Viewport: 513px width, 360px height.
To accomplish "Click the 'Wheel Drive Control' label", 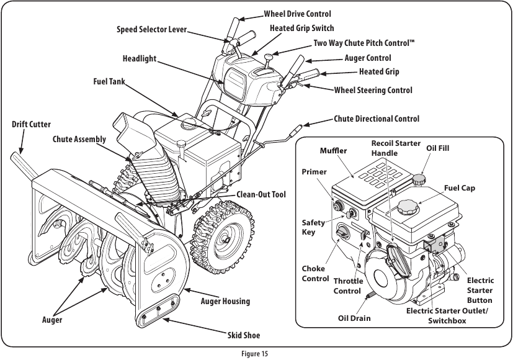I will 297,14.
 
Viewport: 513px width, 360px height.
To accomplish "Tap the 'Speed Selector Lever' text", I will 151,30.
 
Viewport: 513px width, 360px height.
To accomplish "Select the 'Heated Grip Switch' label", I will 301,28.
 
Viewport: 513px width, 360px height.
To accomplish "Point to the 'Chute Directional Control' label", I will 376,119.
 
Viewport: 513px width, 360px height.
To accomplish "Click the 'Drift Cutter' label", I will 31,125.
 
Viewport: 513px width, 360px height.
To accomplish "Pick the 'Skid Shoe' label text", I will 243,335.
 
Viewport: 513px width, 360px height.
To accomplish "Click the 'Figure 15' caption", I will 256,354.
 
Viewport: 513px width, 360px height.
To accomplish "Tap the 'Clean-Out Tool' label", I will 261,195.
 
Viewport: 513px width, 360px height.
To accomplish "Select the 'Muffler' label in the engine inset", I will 333,151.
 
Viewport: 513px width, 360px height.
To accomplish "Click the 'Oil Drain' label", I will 354,318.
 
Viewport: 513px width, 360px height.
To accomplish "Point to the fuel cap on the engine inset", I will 409,207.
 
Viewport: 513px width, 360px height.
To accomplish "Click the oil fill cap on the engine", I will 420,179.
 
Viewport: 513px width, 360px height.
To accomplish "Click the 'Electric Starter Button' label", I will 480,290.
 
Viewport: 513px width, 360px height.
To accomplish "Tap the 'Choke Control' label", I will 315,274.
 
